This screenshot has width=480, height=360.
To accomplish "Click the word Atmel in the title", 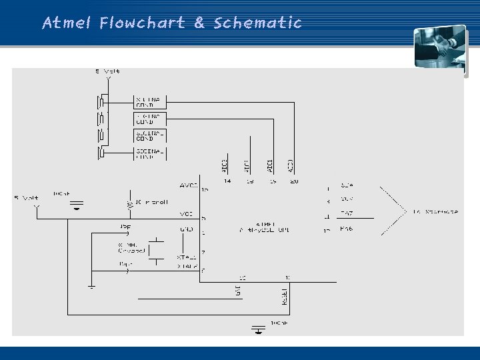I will tap(67, 23).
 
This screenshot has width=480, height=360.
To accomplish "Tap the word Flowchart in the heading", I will tap(142, 23).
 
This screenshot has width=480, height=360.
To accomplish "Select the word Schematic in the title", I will tap(258, 23).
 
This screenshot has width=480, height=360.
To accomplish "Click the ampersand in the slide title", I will tap(199, 23).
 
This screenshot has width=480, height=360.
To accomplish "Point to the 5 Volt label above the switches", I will tap(107, 71).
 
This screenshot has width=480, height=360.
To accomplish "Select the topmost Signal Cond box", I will tap(150, 101).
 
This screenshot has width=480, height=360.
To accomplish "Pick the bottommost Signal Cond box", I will tap(150, 153).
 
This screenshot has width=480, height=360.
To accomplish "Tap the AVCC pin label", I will tap(189, 185).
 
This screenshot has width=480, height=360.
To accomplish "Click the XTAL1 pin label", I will tap(187, 257).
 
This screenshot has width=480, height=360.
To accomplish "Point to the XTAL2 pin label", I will tap(187, 266).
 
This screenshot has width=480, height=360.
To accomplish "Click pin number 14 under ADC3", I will tap(227, 181).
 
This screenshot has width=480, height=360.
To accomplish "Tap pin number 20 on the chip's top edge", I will tap(294, 181).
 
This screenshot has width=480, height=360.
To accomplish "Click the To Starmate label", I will tap(435, 211).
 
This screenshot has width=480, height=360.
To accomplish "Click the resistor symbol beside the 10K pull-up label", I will tap(129, 202).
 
